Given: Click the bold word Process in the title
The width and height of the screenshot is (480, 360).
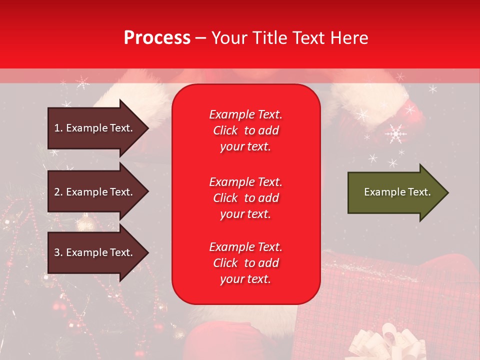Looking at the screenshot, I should coord(157,38).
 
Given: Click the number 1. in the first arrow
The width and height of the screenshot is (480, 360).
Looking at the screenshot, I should coord(58,128).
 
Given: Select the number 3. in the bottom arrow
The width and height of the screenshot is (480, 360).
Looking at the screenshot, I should coord(58,252).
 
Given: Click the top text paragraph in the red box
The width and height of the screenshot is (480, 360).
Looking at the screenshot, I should coord(245,130).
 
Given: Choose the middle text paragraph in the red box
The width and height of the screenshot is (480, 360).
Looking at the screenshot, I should coord(245,198).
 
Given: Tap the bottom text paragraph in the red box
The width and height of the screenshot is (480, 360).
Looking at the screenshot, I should coord(245,263).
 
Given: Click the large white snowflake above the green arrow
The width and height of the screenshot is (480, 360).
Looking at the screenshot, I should coord(396,133).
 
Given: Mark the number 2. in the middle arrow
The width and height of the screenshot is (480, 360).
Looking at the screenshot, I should coord(58,192).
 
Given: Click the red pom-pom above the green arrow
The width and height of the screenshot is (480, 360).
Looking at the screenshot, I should coord(413,112).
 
